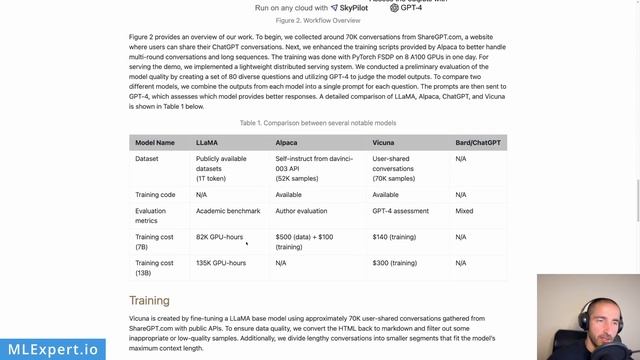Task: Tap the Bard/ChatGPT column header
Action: click(479, 143)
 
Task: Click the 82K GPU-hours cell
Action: click(219, 237)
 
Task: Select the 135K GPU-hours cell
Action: click(221, 262)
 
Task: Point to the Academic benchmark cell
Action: click(228, 211)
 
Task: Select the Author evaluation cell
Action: click(304, 211)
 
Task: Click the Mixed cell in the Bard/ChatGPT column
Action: click(465, 211)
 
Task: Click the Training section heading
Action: click(149, 300)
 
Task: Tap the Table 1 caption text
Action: click(318, 123)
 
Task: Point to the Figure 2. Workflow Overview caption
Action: click(318, 19)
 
